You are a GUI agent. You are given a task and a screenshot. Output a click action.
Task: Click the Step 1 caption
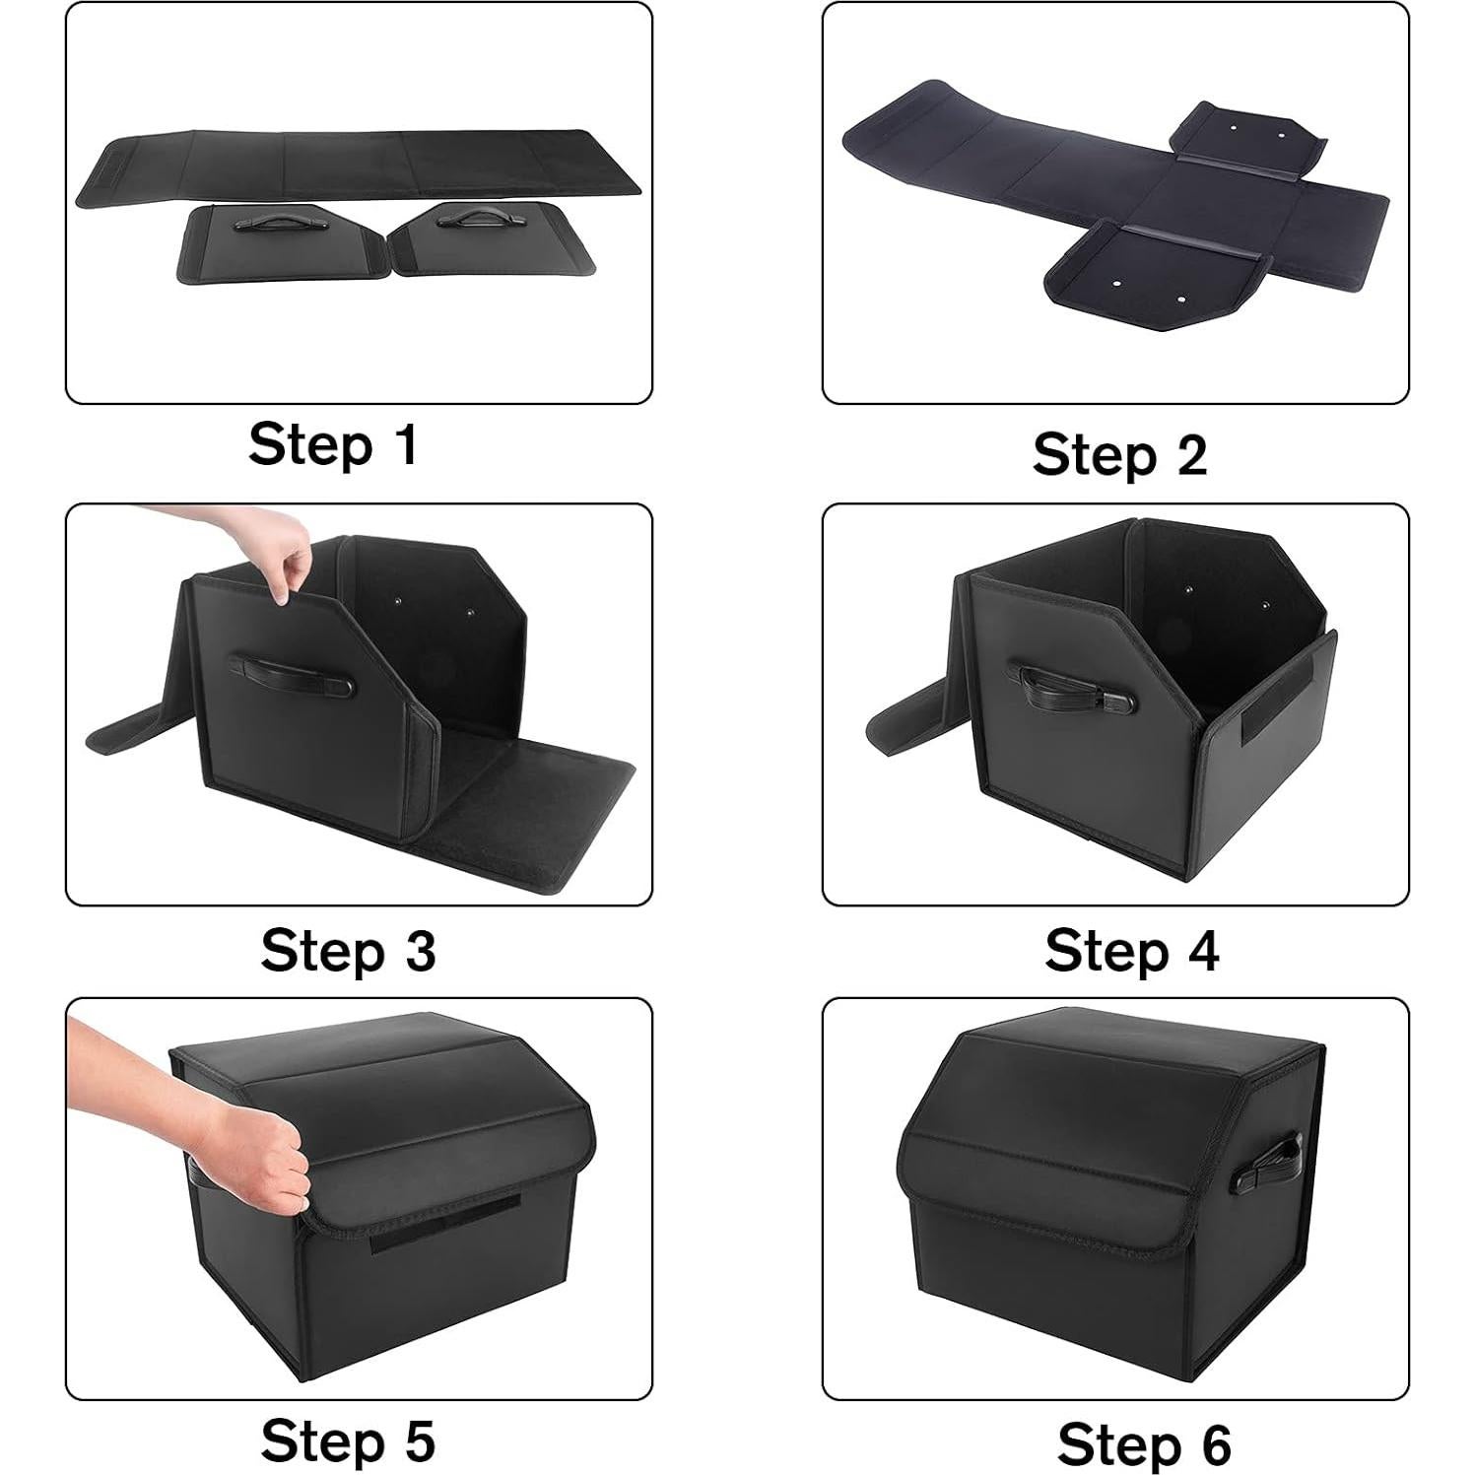333,444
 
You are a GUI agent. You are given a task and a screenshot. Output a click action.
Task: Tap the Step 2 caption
1119,455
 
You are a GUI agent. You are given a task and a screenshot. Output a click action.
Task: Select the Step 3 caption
348,951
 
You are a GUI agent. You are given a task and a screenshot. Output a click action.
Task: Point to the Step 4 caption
1131,951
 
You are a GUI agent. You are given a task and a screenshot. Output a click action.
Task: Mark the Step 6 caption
1144,1444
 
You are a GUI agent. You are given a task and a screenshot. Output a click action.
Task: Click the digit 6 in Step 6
1215,1444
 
